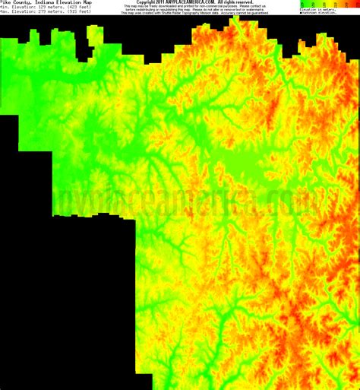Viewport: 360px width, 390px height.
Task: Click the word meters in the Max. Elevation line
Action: (x=58, y=14)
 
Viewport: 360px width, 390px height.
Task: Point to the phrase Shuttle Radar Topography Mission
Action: (x=199, y=13)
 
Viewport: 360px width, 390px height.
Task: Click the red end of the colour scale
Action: (x=355, y=4)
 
